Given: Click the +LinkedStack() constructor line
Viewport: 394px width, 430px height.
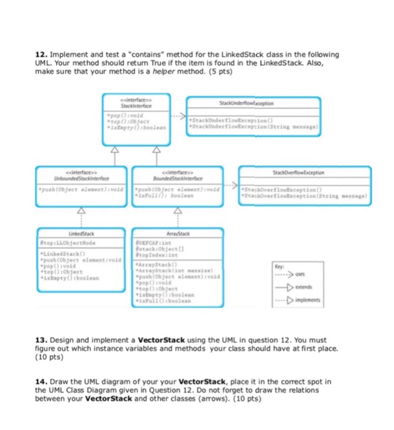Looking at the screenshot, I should (x=58, y=254).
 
